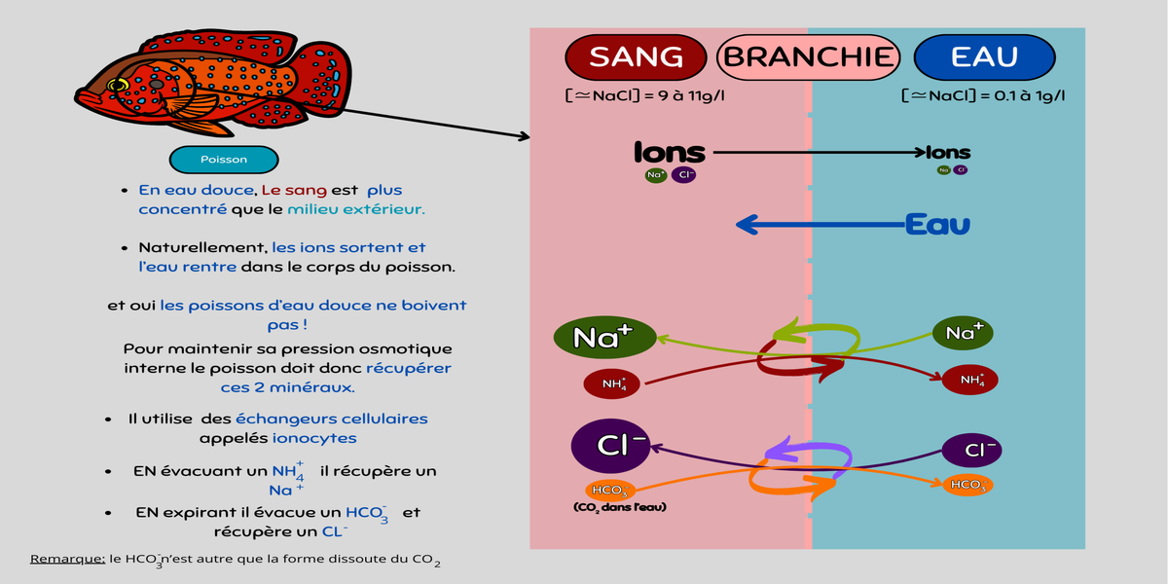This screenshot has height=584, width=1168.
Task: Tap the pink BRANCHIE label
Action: (x=808, y=56)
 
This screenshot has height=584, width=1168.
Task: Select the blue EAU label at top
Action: (x=984, y=56)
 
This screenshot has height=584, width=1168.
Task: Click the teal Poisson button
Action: (x=224, y=160)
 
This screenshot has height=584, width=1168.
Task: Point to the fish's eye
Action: (x=119, y=86)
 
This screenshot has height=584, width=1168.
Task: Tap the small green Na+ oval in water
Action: (x=964, y=334)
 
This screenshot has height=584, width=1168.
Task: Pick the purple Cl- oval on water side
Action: (x=971, y=451)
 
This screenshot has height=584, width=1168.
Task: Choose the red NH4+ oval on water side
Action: (x=970, y=380)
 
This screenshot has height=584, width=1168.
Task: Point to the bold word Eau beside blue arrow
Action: (x=937, y=226)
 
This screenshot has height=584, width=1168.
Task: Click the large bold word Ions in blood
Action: (x=670, y=153)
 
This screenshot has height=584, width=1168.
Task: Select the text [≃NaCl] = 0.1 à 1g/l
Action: (x=982, y=95)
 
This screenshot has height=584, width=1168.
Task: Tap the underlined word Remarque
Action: (x=67, y=559)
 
